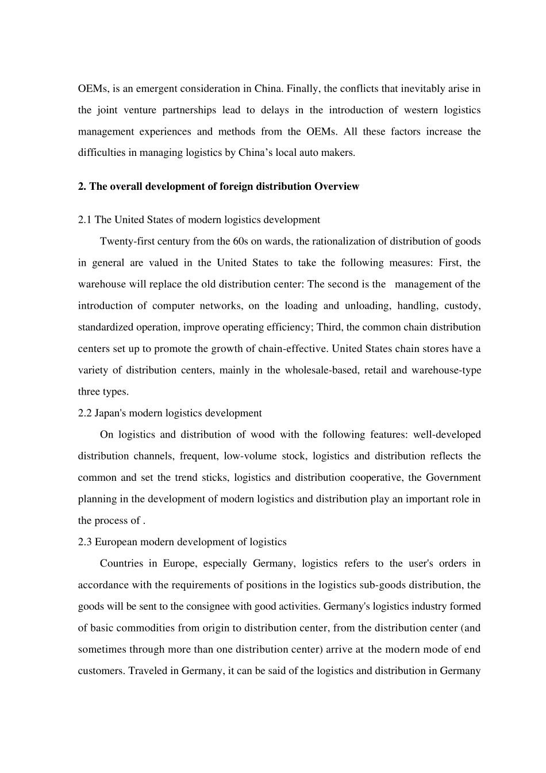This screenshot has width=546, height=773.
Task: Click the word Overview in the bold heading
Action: click(336, 186)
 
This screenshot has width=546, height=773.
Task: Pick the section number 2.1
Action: click(85, 220)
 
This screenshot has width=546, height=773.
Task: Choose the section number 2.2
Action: click(85, 413)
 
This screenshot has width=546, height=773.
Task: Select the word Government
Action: click(453, 477)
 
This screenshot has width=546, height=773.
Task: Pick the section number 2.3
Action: click(85, 542)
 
